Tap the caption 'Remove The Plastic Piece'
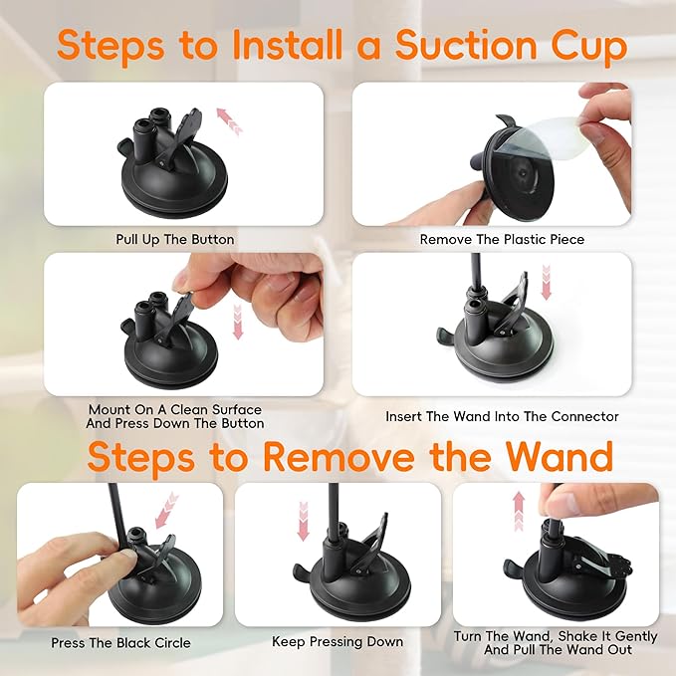point(502,239)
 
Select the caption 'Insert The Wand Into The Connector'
point(502,416)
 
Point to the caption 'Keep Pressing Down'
point(338,642)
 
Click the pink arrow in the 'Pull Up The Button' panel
point(229,123)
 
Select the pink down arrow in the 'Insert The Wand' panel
point(547,282)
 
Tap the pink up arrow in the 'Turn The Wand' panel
point(519,510)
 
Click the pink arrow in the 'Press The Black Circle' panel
point(165,507)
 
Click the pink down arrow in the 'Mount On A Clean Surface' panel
point(237,322)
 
